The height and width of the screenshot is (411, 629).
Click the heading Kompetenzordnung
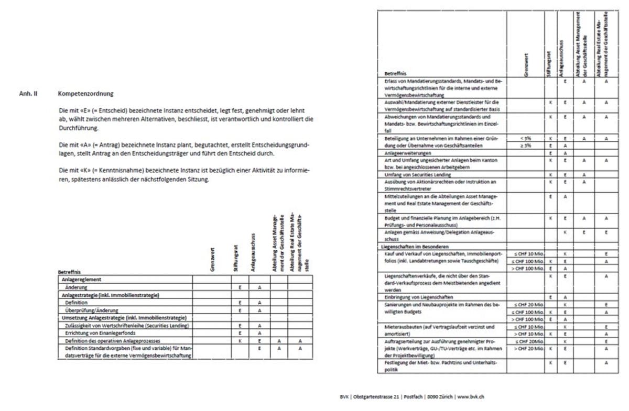point(86,94)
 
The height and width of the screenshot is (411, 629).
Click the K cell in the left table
point(240,340)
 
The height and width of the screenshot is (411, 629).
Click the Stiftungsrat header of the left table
point(239,259)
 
